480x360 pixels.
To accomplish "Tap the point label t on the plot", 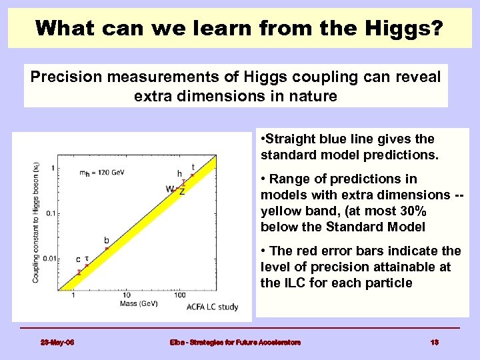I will (193, 167).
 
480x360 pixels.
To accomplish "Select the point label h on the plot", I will (179, 174).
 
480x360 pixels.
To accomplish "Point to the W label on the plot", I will (170, 189).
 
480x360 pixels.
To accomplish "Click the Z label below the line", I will (181, 191).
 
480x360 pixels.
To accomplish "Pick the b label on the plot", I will (106, 240).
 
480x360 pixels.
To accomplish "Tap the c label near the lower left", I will (78, 259).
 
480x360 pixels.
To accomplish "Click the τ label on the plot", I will (87, 256).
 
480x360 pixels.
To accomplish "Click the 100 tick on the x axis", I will (179, 295).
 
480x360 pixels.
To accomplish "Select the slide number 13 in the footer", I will (434, 342).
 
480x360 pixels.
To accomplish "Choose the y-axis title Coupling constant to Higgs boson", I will (36, 219).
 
